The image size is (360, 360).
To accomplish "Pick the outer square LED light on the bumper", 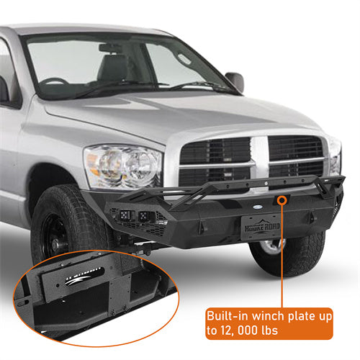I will coord(125,215).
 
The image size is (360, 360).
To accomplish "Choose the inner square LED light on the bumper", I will coord(145,216).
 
